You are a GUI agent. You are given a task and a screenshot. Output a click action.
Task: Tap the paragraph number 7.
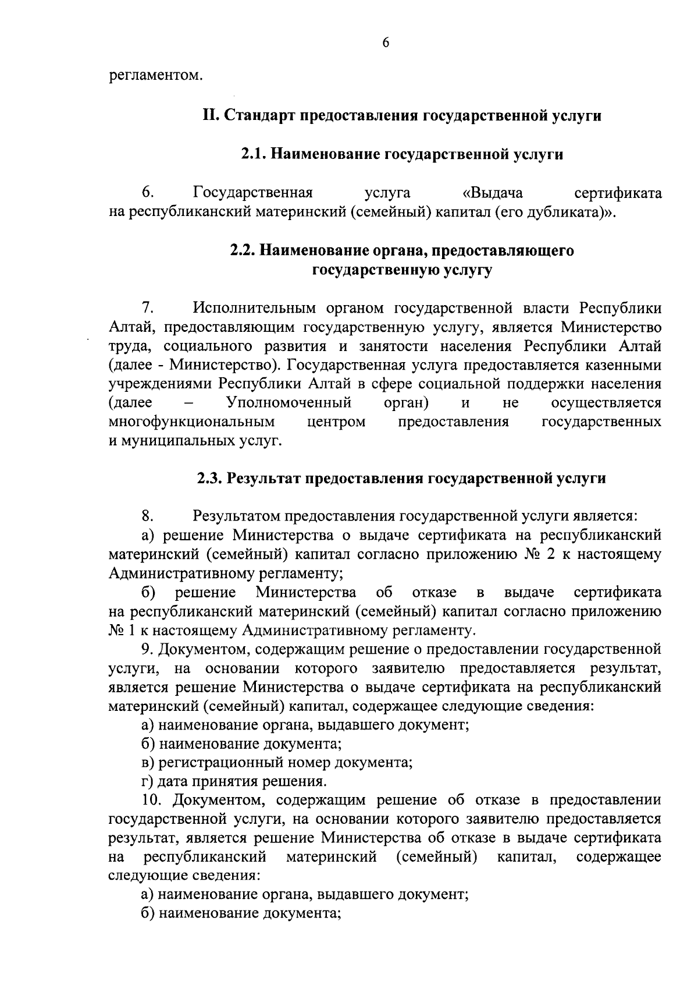pyautogui.click(x=147, y=308)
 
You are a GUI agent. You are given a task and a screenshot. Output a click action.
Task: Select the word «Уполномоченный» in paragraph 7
pyautogui.click(x=289, y=403)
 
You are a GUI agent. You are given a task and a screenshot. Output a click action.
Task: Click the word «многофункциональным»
pyautogui.click(x=191, y=422)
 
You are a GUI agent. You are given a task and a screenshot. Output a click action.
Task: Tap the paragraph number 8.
pyautogui.click(x=147, y=516)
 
